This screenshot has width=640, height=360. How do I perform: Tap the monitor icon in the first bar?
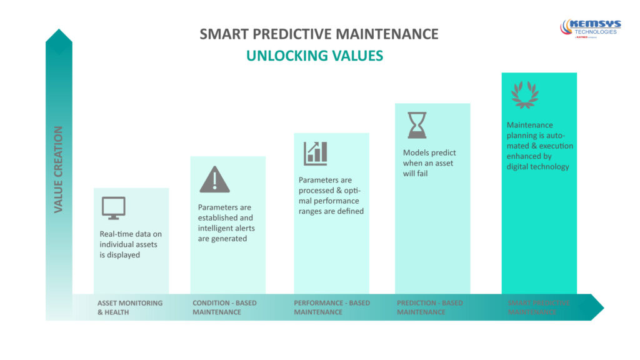coord(113,208)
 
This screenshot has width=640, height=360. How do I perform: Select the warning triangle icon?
coord(214,179)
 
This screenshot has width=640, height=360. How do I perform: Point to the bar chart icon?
coord(316,153)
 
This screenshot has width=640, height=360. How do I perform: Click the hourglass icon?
coord(417,124)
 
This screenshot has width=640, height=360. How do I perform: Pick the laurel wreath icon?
coord(524,94)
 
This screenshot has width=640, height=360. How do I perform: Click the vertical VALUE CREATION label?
coord(59,169)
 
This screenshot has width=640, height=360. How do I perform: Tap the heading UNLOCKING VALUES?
coord(314,56)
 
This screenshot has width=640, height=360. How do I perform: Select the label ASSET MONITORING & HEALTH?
coord(130,307)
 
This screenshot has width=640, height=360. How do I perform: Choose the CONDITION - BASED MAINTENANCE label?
coord(224,307)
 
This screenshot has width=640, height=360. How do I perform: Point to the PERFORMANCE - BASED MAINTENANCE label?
coord(332,307)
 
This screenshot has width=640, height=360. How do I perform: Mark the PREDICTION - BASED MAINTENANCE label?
coord(430,307)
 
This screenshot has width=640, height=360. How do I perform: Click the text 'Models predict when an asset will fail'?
coord(429,162)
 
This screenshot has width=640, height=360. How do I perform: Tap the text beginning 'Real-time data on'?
coord(131,244)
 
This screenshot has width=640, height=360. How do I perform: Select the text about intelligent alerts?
coord(226,222)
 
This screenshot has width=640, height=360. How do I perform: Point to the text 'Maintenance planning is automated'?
coord(539,146)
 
